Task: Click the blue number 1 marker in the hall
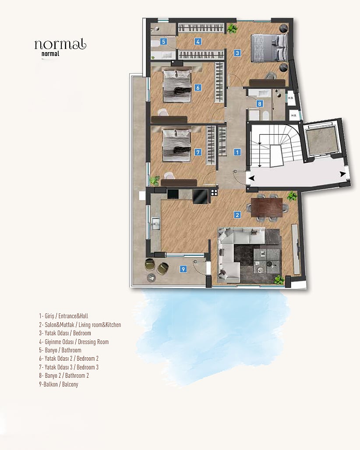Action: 237,152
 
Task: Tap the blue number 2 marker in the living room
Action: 237,214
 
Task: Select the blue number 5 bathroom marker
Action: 164,42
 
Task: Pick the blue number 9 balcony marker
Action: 183,269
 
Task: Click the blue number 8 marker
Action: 260,104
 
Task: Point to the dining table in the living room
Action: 266,208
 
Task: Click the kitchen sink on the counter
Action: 156,224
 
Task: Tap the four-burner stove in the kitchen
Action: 214,192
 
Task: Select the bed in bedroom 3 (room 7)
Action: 176,145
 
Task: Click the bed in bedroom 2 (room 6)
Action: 177,86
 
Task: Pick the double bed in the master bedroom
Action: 269,48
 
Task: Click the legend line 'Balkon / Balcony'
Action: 59,384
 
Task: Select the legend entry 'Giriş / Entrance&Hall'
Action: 64,316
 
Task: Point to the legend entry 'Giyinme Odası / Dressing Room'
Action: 74,342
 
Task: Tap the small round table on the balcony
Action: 151,278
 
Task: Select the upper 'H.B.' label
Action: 290,98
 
